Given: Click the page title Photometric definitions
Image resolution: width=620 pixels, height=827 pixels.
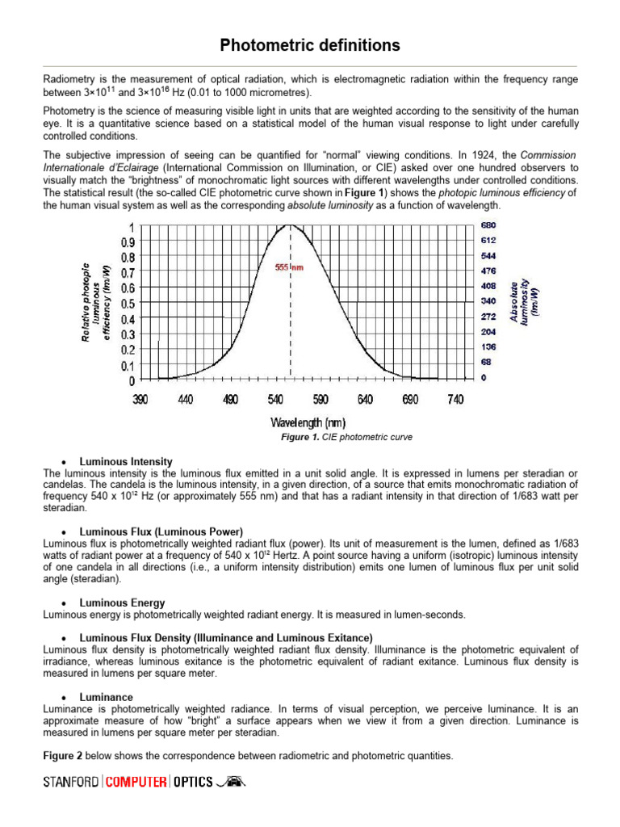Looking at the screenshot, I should coord(310,45).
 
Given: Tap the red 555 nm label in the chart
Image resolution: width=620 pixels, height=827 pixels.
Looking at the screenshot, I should coord(290,267).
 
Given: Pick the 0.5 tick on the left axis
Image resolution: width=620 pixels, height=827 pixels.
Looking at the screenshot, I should coord(128,304).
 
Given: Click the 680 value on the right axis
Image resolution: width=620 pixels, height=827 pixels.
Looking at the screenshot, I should coord(488,225).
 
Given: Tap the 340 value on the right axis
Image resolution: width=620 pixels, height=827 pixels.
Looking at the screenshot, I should coord(488,301).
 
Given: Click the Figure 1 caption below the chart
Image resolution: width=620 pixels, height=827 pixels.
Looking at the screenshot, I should coord(346,437).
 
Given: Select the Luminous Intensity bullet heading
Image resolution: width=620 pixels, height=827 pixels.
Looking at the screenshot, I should coord(125,461).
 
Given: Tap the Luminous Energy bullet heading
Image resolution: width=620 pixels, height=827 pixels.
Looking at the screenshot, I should coord(122,602).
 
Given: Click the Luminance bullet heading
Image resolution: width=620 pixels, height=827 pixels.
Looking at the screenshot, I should coord(107,696).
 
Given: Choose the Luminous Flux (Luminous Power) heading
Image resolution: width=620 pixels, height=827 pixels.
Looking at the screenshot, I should coord(161,531).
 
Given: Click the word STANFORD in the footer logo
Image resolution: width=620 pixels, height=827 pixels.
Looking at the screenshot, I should coord(71,782).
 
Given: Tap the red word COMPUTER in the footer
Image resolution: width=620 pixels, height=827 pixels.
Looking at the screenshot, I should coord(136,782).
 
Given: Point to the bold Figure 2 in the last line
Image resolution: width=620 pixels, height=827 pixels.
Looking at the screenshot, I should coord(65,756).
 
